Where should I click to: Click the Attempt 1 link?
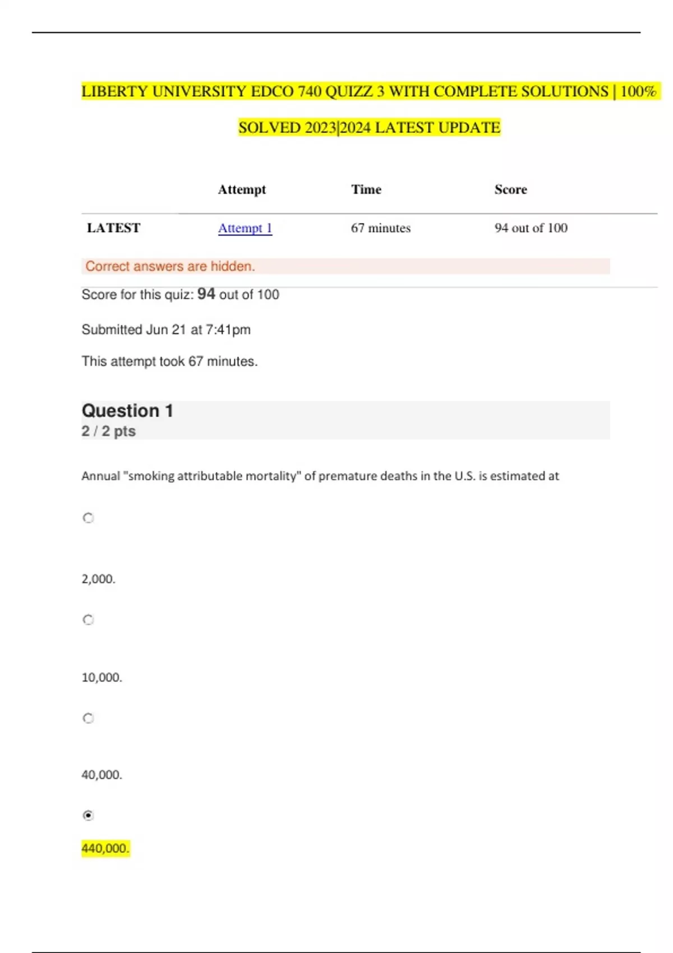click(x=245, y=228)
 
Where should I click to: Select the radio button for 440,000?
click(x=88, y=815)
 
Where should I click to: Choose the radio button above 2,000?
click(x=88, y=518)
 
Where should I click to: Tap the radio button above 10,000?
click(x=88, y=619)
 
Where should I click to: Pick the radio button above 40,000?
click(x=88, y=718)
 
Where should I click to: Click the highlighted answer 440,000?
click(x=105, y=848)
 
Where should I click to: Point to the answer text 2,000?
click(x=98, y=579)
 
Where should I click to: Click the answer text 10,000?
click(x=102, y=677)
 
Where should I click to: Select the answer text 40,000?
click(x=102, y=775)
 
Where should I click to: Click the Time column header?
click(x=366, y=189)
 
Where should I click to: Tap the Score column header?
click(x=510, y=189)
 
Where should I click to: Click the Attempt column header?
click(x=242, y=189)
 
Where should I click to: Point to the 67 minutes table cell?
click(x=381, y=228)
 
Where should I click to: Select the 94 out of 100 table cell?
click(x=531, y=228)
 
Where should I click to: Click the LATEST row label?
click(x=114, y=228)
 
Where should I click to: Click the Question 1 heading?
click(x=127, y=411)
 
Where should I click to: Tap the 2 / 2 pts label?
click(x=108, y=431)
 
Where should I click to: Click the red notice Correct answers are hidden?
click(x=170, y=266)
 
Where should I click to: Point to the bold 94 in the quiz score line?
click(x=206, y=294)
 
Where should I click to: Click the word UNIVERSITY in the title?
click(x=200, y=91)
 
